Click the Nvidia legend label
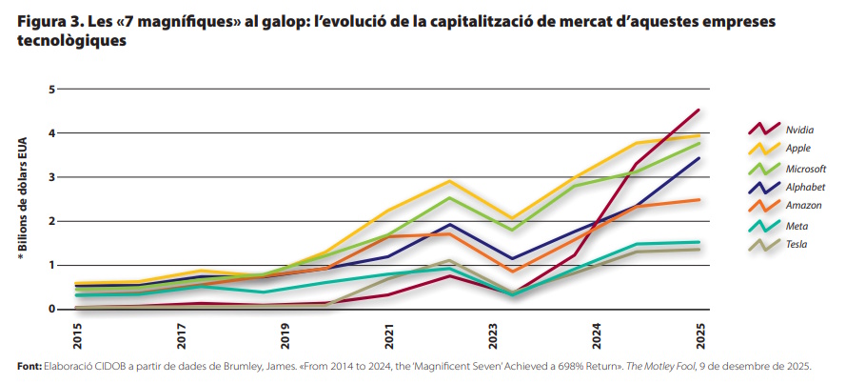coord(800,129)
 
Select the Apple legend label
coord(797,148)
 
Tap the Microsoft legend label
coord(805,168)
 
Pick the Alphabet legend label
coord(805,187)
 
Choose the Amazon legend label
coord(803,206)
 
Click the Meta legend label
coord(797,226)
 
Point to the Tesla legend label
coord(797,245)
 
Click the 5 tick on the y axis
coord(52,90)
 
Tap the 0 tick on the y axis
coord(52,310)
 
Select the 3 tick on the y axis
coord(52,177)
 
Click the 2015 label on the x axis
coord(76,334)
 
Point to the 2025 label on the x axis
coord(700,334)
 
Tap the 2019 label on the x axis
coord(285,334)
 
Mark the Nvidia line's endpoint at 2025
coord(699,110)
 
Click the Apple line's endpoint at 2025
coord(699,135)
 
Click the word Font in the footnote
coord(29,366)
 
